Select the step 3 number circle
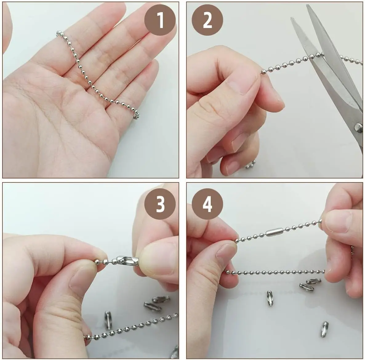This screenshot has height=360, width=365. (160, 204)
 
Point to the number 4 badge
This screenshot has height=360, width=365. (207, 204)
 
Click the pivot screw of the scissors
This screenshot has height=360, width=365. (358, 126)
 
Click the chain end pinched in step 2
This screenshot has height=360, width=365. (263, 71)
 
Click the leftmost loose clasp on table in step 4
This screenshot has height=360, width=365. (270, 298)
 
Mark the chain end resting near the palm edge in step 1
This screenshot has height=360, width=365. (136, 116)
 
